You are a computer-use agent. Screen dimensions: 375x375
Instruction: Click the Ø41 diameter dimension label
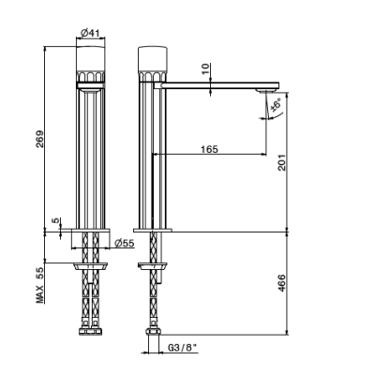pyautogui.click(x=90, y=33)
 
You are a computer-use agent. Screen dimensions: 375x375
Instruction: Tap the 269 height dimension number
pyautogui.click(x=40, y=139)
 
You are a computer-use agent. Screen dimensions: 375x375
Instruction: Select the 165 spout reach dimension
pyautogui.click(x=209, y=149)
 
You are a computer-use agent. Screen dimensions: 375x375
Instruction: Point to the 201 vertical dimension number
pyautogui.click(x=281, y=162)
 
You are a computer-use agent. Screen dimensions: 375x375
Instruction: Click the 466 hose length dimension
pyautogui.click(x=281, y=283)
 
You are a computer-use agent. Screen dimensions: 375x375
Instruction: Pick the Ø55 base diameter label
pyautogui.click(x=125, y=243)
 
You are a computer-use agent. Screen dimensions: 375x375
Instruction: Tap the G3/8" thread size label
pyautogui.click(x=183, y=347)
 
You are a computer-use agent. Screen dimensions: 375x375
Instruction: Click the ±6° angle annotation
pyautogui.click(x=276, y=105)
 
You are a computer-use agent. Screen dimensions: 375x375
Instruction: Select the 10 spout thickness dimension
pyautogui.click(x=205, y=68)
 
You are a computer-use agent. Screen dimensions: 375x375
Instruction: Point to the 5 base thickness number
pyautogui.click(x=55, y=220)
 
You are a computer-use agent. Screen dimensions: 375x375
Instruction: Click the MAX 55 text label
pyautogui.click(x=40, y=285)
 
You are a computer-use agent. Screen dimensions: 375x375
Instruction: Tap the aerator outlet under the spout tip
pyautogui.click(x=266, y=91)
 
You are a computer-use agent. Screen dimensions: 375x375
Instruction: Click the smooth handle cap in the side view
pyautogui.click(x=153, y=59)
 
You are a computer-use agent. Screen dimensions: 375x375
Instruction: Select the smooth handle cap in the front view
pyautogui.click(x=91, y=59)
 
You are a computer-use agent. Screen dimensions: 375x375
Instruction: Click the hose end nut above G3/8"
pyautogui.click(x=153, y=331)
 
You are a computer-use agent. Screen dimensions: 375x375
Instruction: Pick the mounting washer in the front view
pyautogui.click(x=91, y=266)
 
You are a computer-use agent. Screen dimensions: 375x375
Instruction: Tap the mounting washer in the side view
pyautogui.click(x=153, y=266)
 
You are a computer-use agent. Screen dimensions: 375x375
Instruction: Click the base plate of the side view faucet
pyautogui.click(x=153, y=231)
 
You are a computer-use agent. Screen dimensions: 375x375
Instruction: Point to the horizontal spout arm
pyautogui.click(x=217, y=85)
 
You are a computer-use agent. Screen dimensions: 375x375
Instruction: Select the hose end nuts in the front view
pyautogui.click(x=91, y=331)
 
